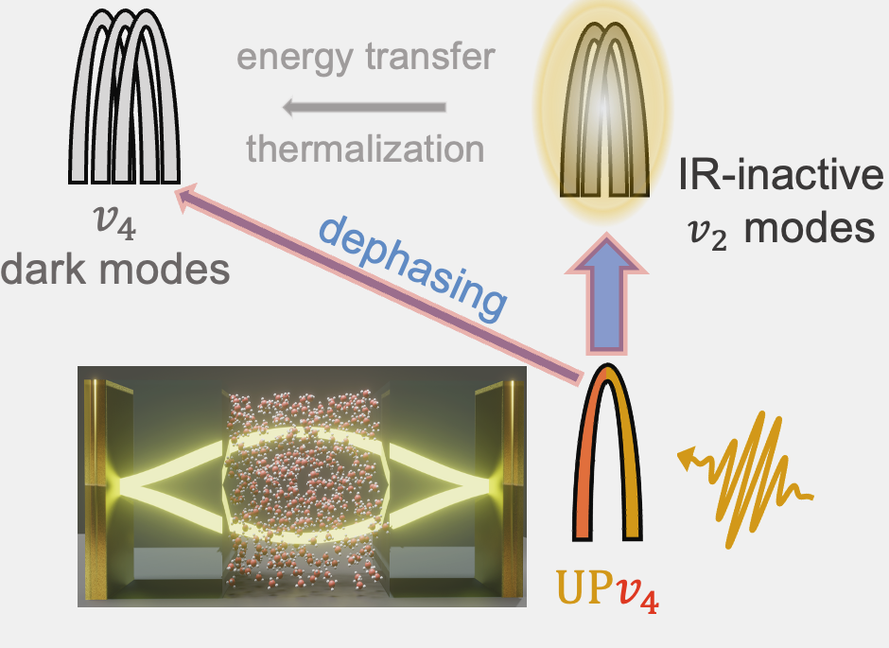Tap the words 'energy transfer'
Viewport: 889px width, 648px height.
[366, 58]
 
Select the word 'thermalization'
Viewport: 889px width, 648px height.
[366, 148]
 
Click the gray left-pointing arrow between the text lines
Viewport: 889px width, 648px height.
[365, 106]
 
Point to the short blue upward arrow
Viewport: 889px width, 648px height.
[607, 301]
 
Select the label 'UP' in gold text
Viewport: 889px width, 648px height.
[577, 595]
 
